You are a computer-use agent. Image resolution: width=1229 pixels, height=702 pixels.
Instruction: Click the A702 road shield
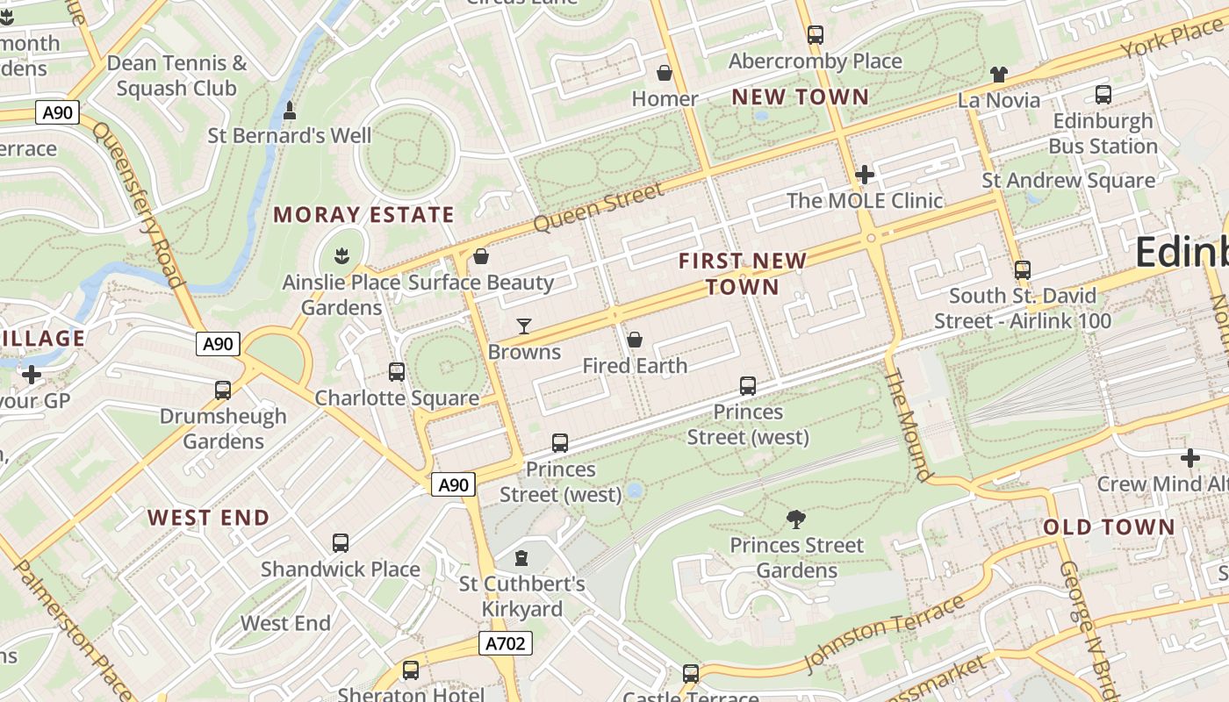(507, 644)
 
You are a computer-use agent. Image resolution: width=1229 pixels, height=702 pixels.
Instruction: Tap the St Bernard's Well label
(290, 136)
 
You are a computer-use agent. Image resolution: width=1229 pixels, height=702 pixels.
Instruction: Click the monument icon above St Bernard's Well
(290, 111)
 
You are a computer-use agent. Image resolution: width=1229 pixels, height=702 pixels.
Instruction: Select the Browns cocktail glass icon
(524, 326)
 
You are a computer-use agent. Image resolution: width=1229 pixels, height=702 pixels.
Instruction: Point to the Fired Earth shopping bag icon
(635, 340)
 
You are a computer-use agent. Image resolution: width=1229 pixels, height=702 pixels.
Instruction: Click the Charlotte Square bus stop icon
(397, 372)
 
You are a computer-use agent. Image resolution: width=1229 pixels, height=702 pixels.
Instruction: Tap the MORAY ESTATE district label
(363, 215)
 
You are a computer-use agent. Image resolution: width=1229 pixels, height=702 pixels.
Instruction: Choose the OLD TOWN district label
(1109, 527)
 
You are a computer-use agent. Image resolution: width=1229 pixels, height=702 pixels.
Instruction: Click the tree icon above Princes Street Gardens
(796, 519)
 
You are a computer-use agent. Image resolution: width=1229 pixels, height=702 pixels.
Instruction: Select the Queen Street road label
(599, 208)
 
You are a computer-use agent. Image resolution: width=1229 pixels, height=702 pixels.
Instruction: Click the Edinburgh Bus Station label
(1103, 133)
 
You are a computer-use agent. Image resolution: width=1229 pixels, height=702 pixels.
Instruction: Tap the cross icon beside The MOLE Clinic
(865, 175)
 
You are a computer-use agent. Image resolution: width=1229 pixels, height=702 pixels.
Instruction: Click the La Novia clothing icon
(999, 75)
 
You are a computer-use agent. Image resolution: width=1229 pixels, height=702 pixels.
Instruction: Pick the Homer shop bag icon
(665, 73)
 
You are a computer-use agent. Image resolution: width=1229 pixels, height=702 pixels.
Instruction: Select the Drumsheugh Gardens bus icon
(223, 390)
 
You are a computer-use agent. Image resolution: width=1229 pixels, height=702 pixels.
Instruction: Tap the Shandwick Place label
(341, 569)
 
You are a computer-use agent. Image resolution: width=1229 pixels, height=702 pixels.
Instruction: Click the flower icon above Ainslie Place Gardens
(341, 257)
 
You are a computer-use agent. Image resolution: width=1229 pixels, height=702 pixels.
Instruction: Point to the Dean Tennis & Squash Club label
(176, 75)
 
